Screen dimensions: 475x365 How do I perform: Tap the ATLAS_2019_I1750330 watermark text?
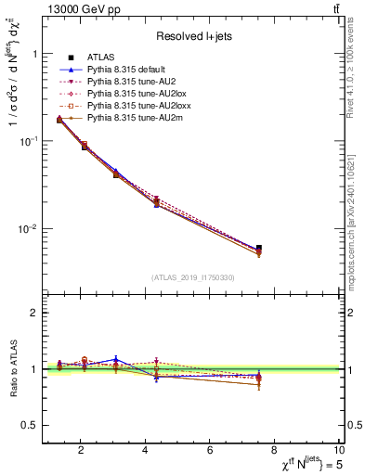192,277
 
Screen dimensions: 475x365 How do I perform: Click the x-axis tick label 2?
81,450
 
